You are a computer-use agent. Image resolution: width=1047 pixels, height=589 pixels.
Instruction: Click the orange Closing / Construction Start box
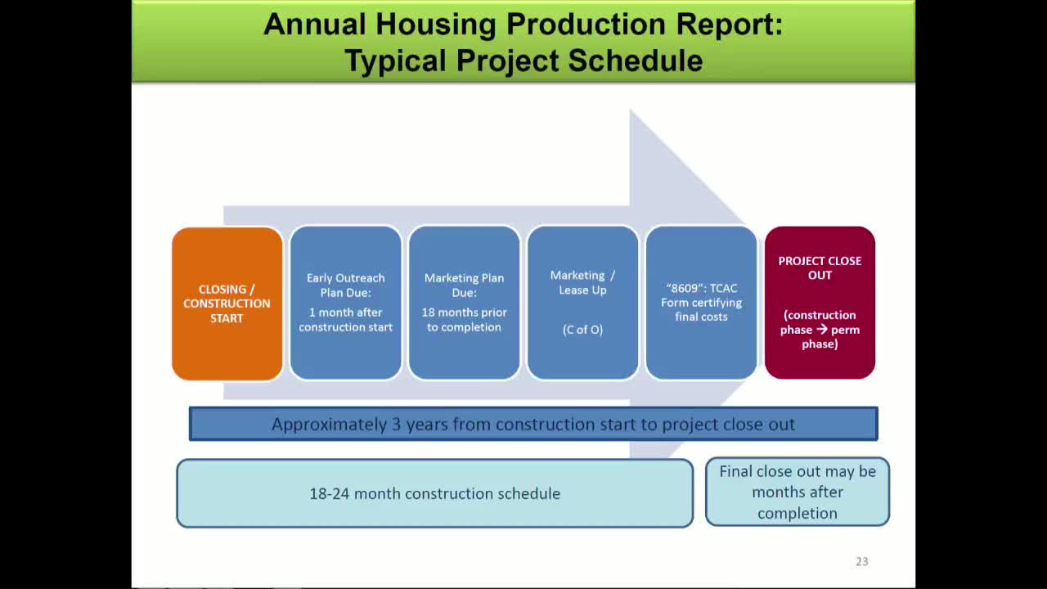coord(227,303)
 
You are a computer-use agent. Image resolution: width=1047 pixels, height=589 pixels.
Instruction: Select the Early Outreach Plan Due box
coord(345,303)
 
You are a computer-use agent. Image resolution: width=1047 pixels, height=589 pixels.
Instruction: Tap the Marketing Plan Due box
coord(464,303)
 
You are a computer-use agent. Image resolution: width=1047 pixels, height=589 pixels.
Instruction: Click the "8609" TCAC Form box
coord(701,303)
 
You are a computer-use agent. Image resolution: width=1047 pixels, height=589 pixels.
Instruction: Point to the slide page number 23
coord(861,561)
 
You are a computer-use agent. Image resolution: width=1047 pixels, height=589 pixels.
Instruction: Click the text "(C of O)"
coord(582,330)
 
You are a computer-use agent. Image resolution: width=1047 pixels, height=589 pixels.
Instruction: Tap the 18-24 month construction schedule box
coord(434,493)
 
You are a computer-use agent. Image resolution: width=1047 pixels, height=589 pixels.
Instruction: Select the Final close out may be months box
coord(798,492)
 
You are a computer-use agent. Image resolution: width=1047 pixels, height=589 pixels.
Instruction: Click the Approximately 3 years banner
coord(533,424)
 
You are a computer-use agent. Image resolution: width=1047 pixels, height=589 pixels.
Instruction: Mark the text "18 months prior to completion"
coord(464,320)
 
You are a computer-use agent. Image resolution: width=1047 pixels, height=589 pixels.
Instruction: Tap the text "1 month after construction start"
coord(345,320)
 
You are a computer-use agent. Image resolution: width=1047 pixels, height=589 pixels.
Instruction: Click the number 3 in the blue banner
coord(397,425)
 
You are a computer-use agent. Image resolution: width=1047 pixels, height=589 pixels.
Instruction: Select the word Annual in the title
coord(314,25)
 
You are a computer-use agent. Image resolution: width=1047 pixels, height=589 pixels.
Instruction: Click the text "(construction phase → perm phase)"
coord(820,330)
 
